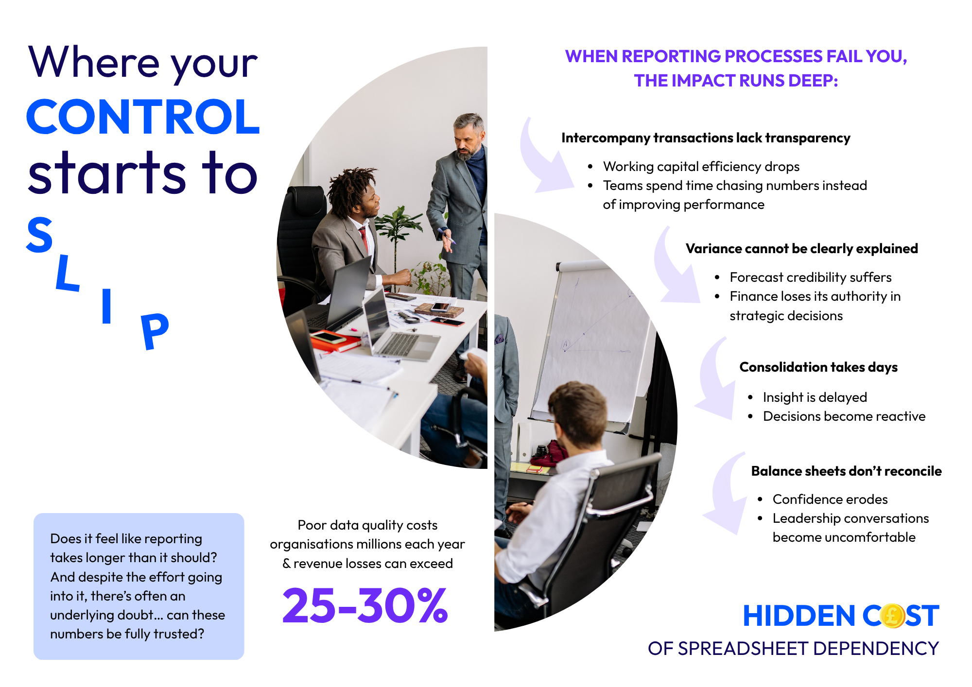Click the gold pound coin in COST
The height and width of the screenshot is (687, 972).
pos(892,616)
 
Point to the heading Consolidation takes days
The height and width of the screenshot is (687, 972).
pos(818,367)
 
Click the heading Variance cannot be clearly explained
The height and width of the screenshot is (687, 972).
pos(802,249)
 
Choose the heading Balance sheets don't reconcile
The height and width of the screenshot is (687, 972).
pos(846,471)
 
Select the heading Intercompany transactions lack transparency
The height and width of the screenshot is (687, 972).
pos(706,138)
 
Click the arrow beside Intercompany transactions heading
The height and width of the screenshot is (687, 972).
pos(544,160)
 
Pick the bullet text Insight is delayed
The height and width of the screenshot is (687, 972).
pos(815,397)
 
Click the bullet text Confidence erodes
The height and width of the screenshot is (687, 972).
pos(830,499)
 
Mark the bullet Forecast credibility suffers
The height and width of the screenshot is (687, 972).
pos(811,277)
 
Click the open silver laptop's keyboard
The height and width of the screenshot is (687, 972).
pos(399,343)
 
